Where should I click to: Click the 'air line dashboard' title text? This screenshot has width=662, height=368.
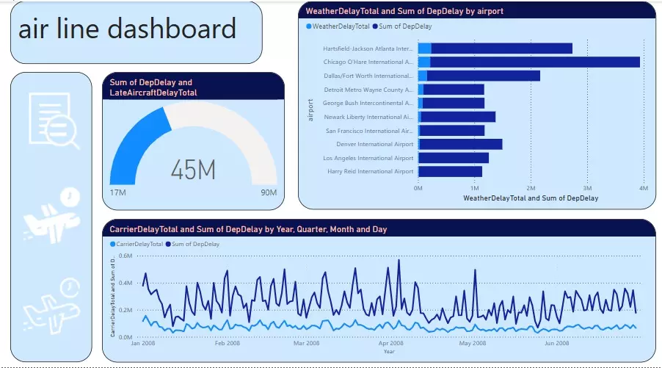[x=127, y=29]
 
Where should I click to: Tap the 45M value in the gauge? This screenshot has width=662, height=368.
[x=193, y=170]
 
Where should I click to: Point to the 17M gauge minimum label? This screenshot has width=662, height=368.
[x=118, y=193]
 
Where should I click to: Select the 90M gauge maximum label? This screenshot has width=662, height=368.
[x=268, y=193]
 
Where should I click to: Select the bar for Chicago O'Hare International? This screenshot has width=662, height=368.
[x=528, y=62]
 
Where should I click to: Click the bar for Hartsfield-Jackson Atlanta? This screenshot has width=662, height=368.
[x=495, y=48]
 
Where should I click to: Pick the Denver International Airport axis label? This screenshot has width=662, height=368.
[x=374, y=144]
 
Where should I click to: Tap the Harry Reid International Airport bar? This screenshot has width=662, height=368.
[x=449, y=171]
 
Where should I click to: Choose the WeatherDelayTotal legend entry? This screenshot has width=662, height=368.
[x=340, y=26]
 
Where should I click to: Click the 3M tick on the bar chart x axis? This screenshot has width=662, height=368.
[x=588, y=188]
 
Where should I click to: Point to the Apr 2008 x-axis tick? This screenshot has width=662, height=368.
[x=390, y=343]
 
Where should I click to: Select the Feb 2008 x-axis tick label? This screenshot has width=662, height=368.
[x=227, y=343]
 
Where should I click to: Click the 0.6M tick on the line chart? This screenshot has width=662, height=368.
[x=124, y=256]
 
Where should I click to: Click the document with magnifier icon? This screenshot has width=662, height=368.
[x=50, y=120]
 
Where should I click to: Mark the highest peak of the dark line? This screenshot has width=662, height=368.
[x=398, y=259]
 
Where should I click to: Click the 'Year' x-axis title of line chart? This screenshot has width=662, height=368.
[x=388, y=351]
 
